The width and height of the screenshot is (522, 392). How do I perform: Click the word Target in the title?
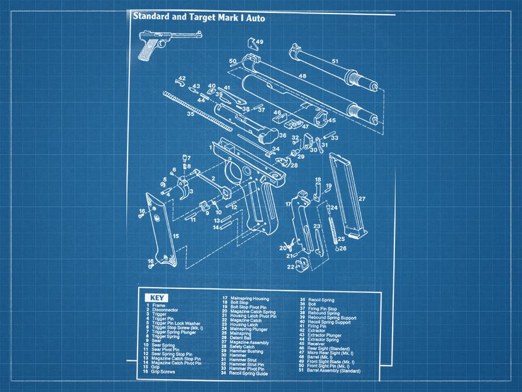pos(201,18)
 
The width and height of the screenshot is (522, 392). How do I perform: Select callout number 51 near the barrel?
pos(335,61)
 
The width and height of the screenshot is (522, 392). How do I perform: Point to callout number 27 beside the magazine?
pos(362,199)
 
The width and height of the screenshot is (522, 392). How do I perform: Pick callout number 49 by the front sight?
pos(259,42)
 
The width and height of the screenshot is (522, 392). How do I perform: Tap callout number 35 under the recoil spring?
pos(190,115)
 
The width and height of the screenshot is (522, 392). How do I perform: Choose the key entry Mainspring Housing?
pos(249,299)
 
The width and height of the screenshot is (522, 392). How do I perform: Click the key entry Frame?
pos(159,305)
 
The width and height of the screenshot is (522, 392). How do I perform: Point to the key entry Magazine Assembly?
pos(249,342)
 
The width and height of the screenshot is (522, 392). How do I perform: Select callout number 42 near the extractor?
pos(182,79)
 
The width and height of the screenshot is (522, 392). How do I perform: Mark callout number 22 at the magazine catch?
pos(290,267)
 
